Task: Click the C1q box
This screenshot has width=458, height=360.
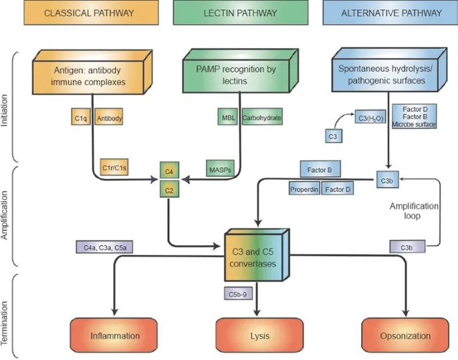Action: pos(80,118)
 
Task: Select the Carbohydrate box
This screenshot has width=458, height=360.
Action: pos(261,118)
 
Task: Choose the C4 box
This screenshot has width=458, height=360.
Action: pos(169,172)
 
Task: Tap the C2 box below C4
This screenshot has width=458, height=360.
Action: pos(169,190)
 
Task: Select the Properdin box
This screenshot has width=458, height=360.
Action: pos(305,190)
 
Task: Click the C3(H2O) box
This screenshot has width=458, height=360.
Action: pos(370,118)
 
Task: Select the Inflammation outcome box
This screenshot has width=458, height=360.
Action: pos(115,336)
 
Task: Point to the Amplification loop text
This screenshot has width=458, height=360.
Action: pos(414,212)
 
